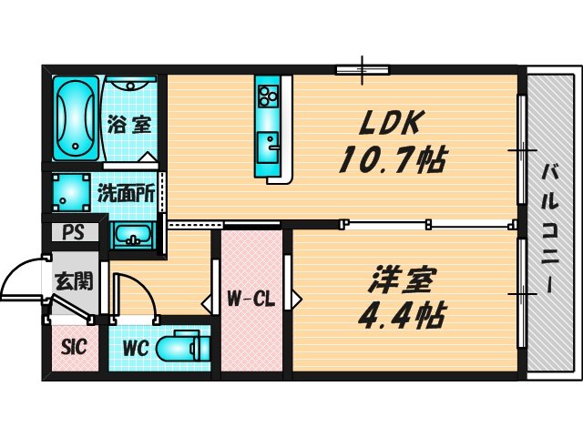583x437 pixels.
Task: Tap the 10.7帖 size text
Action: tap(392, 161)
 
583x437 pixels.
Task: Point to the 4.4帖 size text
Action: tap(402, 315)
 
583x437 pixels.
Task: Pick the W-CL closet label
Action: tap(251, 298)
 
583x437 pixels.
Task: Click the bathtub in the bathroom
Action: tap(74, 118)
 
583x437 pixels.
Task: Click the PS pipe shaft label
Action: tap(74, 232)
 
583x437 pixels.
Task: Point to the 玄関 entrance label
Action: tap(72, 280)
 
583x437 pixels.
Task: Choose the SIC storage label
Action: tap(74, 347)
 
